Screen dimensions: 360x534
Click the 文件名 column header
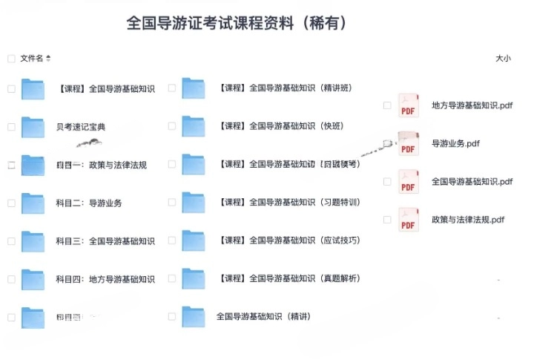32,58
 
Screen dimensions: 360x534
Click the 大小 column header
503,58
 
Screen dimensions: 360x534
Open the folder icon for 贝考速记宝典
33,127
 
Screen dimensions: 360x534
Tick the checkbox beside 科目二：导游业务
11,203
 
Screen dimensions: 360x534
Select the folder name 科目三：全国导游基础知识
105,240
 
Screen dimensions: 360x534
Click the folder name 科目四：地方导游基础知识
105,279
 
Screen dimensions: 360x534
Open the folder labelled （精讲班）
194,88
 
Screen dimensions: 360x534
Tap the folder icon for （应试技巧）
194,240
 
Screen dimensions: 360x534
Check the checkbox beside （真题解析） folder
172,279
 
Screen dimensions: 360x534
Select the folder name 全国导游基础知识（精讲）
263,316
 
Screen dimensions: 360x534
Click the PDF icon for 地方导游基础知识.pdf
409,105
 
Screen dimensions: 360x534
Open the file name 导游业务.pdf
455,143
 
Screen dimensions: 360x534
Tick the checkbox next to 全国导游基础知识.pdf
387,181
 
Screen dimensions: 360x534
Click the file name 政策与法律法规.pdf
468,219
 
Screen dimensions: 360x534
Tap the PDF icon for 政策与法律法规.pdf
409,220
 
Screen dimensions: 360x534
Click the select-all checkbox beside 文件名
11,58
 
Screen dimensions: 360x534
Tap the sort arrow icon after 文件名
49,58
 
